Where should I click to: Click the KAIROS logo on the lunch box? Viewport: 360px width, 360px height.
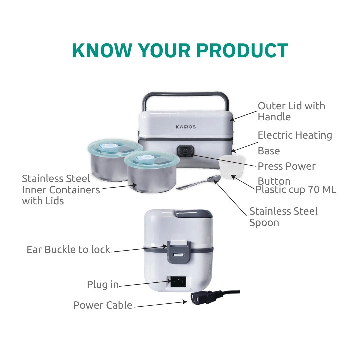pos(186,127)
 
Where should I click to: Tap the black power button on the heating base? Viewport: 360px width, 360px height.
pos(185,152)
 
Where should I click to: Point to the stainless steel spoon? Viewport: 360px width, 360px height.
pos(199,182)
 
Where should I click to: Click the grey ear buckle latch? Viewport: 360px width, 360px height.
pos(178,252)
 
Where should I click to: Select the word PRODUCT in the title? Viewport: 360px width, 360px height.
pos(242,50)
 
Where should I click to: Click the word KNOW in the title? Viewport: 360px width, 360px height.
pos(102,50)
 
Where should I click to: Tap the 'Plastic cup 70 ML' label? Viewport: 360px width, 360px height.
pos(296,190)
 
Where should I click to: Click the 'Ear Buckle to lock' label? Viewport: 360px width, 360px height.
pos(68,250)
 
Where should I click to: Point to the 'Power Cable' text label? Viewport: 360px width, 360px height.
pos(103,305)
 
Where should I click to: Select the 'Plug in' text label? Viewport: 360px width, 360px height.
pos(103,285)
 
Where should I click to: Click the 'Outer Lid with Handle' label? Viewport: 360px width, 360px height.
pos(291,111)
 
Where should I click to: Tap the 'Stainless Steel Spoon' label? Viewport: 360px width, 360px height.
pos(284,217)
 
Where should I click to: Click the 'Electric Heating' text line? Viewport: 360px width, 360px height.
pos(295,135)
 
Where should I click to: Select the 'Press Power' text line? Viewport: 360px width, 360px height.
pos(287,166)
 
